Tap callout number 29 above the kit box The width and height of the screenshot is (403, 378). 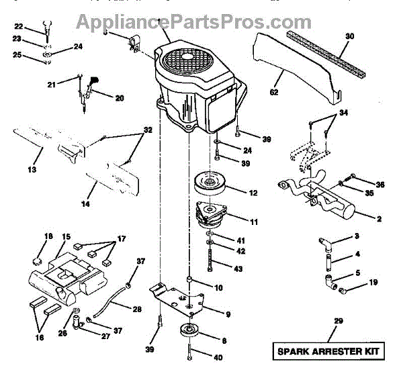(337, 322)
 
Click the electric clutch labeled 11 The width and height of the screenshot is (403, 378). (218, 216)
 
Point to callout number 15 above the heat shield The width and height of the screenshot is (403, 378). (66, 236)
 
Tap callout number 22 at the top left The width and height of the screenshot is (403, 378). (19, 27)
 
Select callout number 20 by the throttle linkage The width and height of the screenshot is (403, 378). (119, 98)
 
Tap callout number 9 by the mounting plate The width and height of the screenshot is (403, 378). (227, 314)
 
